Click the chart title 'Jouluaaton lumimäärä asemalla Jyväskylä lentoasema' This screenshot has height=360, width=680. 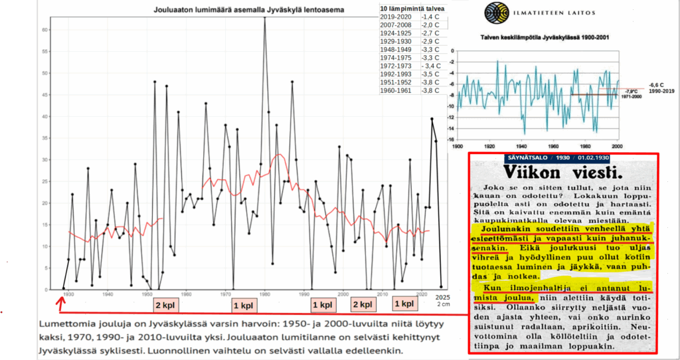point(230,10)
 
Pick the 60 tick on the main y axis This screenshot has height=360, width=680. point(44,30)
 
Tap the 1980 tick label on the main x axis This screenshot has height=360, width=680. point(265,295)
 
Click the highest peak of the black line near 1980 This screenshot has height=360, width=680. point(265,18)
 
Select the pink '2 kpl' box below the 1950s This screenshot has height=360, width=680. point(165,306)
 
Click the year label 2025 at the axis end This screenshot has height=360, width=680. point(442,296)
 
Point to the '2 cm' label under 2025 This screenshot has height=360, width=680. point(443,304)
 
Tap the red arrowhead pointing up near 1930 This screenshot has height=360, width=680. point(60,300)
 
